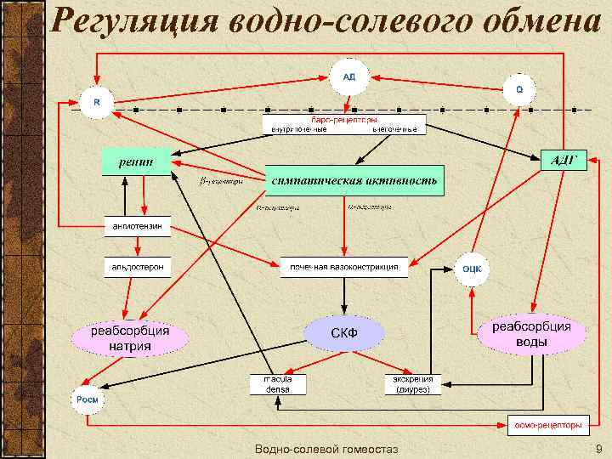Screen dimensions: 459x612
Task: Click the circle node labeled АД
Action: coord(349,76)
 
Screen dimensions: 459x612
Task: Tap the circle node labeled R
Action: coord(96,101)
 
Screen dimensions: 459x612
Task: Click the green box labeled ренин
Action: coord(136,161)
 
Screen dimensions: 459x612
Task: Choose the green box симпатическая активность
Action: coord(355,180)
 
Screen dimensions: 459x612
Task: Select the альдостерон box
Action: coord(138,267)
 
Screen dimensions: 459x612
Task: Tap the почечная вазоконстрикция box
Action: coord(343,267)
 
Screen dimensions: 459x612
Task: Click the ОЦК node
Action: coord(472,269)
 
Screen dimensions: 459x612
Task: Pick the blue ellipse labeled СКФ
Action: coord(343,332)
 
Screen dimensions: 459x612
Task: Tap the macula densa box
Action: coord(278,383)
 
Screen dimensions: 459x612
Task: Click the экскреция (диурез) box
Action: coord(413,383)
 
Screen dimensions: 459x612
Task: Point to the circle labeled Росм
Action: coord(88,399)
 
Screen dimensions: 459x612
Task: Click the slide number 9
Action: coord(598,448)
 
